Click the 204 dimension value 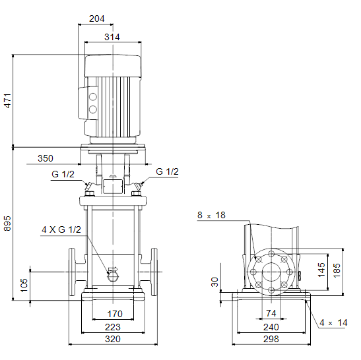97,18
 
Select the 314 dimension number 112,37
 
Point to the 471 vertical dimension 8,100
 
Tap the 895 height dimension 8,223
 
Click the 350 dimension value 46,158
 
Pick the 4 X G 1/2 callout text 61,229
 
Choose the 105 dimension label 24,285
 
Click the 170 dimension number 115,314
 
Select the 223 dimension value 113,327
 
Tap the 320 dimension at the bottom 113,339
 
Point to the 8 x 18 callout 211,216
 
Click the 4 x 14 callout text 333,322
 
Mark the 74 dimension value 271,313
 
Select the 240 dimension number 271,327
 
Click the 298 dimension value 271,339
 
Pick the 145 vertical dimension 321,270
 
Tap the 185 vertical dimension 337,270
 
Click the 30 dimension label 214,282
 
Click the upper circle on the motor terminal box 93,97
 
